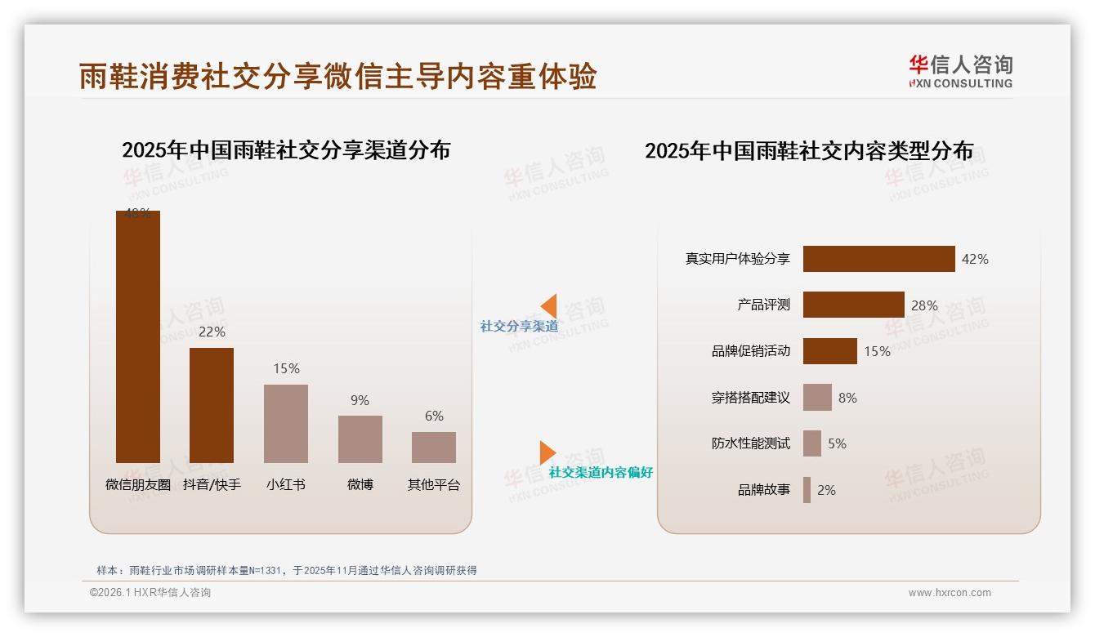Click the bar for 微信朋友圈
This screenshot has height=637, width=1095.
(137, 336)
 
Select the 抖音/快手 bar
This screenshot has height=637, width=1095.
(212, 405)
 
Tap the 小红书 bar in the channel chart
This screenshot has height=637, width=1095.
(286, 423)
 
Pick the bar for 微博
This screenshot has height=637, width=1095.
(360, 439)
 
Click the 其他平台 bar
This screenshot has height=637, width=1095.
(434, 447)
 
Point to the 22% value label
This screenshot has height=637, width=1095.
(212, 332)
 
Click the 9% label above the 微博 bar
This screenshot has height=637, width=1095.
(360, 400)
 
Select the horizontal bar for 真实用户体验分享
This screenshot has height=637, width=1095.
(878, 259)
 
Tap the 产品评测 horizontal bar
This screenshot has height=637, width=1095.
(853, 305)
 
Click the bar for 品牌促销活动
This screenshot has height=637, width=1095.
(829, 351)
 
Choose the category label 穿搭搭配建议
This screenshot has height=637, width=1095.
(750, 398)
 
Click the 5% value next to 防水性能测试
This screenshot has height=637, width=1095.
(837, 443)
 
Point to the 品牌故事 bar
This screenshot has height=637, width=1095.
(807, 490)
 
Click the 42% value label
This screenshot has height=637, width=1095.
(975, 259)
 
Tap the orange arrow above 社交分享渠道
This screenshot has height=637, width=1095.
(548, 305)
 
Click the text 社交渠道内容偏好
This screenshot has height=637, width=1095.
(601, 472)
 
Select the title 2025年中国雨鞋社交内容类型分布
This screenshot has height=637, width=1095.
(809, 151)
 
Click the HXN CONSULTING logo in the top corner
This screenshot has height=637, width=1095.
(960, 72)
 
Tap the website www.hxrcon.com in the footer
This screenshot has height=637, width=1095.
(950, 593)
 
